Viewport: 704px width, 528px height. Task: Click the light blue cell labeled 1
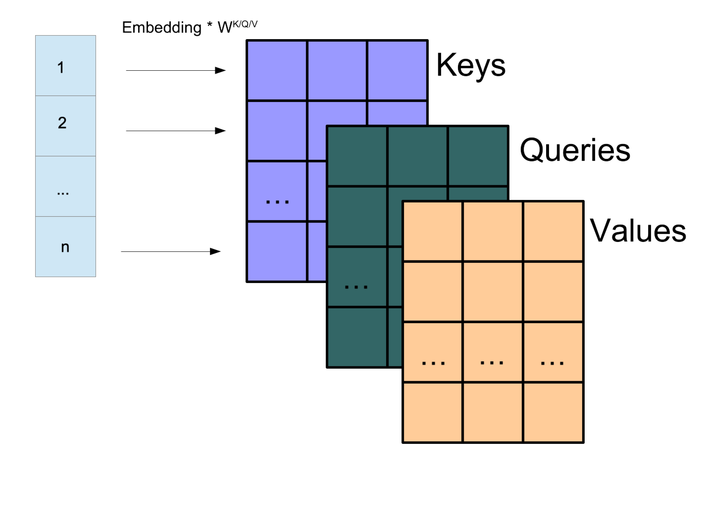[65, 66]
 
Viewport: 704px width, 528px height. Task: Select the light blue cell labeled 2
[65, 126]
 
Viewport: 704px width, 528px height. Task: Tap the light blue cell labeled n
[65, 246]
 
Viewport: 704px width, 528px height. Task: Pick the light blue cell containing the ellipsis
[65, 187]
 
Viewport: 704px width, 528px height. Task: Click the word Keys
[471, 65]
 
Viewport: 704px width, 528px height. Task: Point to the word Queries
[575, 150]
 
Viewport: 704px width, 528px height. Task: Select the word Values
[638, 231]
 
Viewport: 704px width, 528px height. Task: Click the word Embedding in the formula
[161, 28]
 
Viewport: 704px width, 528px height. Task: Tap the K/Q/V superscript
[245, 24]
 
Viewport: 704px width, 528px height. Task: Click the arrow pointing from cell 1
[176, 70]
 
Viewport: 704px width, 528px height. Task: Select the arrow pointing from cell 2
[176, 131]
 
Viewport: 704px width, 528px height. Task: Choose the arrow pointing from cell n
[171, 251]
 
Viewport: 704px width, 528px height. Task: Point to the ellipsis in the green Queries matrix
[356, 287]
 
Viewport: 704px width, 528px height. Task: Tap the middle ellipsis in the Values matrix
[492, 363]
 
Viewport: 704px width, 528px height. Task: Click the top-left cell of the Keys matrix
[277, 70]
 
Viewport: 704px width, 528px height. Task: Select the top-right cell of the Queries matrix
[478, 156]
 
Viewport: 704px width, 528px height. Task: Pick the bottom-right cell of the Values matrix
[553, 412]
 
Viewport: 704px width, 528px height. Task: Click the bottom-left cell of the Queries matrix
[356, 337]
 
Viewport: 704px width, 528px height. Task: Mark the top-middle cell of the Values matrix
[493, 231]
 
